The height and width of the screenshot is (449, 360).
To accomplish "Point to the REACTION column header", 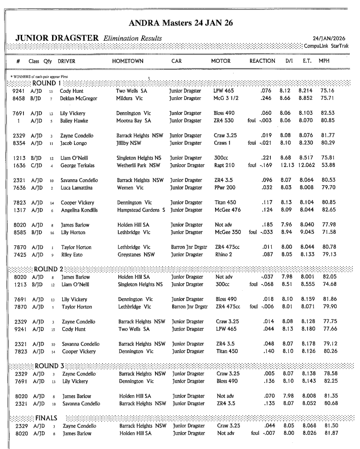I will pos(262,61).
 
